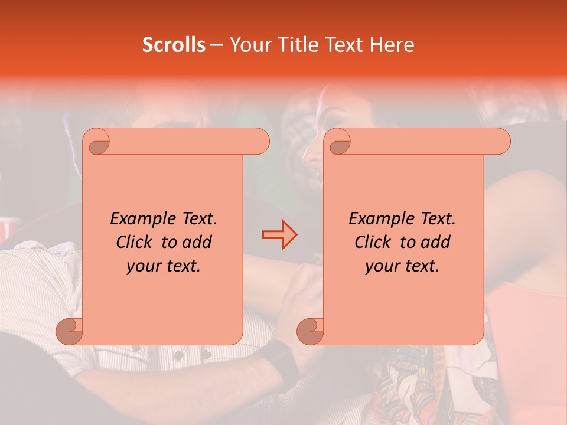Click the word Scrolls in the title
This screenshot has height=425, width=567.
coord(174,45)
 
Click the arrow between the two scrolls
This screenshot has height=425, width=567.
coord(279,235)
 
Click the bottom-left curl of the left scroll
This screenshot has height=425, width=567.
coord(70,331)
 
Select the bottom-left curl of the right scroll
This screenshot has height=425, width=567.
coord(311,331)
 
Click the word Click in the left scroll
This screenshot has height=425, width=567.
coord(133,242)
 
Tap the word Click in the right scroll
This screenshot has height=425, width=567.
coord(372,242)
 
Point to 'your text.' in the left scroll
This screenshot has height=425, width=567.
coord(164,266)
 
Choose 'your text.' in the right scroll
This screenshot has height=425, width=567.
coord(402,266)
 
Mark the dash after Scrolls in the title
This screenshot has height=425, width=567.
coord(217,45)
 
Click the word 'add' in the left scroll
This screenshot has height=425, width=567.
coord(197,242)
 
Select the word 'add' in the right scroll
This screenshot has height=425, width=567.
coord(436,242)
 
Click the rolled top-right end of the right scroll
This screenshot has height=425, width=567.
coord(499,141)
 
